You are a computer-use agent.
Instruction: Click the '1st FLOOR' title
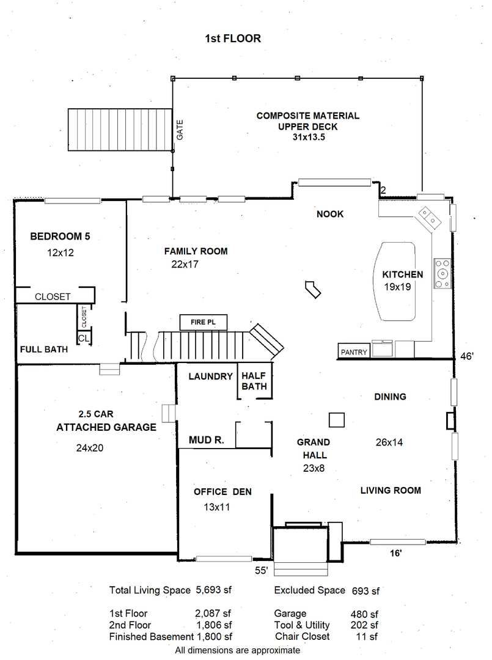coord(233,38)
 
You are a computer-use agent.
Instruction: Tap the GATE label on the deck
coord(180,130)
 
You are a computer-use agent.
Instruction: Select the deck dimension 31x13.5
coord(309,137)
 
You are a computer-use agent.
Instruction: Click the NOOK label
coord(330,214)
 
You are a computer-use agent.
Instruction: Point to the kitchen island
coord(395,281)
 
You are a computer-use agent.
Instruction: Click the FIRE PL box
coord(204,323)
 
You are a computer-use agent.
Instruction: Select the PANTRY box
coord(354,351)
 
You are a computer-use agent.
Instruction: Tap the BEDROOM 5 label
coord(60,236)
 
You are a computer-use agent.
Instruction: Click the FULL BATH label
coord(44,350)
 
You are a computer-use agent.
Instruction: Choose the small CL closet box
coord(84,338)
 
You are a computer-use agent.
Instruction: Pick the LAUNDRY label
coord(210,376)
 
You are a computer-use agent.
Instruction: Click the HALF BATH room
coord(254,381)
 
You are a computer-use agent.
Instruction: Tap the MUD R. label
coord(206,440)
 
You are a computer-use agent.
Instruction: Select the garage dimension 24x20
coord(90,448)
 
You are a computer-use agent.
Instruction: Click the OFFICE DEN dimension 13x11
coord(217,507)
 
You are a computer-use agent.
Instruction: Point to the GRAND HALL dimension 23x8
coord(314,468)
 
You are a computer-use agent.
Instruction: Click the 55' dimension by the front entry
coord(262,570)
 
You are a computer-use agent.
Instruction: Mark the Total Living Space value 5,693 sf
coord(214,590)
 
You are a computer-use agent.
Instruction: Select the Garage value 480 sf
coord(364,614)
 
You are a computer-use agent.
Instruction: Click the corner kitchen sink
coord(428,218)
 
